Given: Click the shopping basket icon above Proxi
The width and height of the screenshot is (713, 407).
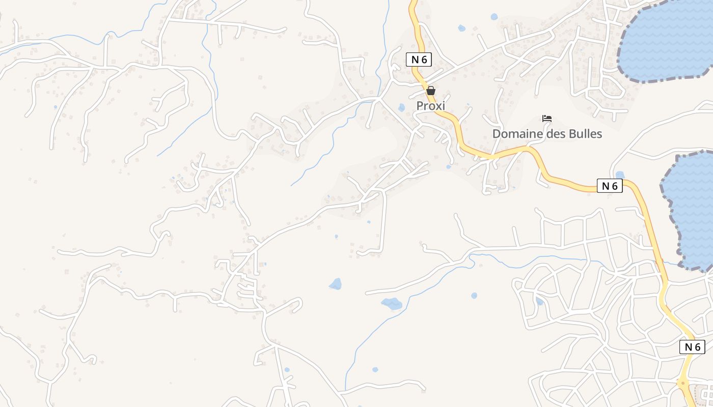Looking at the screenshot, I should [x=431, y=91].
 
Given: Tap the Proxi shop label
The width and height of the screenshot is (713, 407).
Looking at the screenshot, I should [x=431, y=106].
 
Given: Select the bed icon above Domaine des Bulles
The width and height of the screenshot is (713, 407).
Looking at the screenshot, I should [x=547, y=119].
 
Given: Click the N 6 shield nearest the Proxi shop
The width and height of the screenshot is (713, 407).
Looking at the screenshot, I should [x=419, y=59].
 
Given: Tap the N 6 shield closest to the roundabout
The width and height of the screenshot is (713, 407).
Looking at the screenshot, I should [x=692, y=347].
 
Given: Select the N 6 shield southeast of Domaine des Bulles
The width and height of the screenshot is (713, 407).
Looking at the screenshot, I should [x=610, y=186].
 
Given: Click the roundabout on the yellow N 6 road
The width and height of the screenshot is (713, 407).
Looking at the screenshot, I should [x=683, y=383].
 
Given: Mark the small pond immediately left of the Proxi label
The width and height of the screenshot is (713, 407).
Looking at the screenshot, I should [x=401, y=107].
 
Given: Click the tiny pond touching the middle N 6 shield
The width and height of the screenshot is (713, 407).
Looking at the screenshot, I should [x=620, y=175].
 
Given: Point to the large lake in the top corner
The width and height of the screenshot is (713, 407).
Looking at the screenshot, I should [x=667, y=38].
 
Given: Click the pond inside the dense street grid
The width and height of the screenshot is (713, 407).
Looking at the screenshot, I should [x=539, y=301].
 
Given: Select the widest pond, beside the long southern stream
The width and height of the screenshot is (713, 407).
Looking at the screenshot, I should [x=392, y=304].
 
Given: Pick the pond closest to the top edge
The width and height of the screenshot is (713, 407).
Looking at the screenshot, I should [x=493, y=17].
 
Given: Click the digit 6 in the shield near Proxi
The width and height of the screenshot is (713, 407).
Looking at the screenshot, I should [x=423, y=59].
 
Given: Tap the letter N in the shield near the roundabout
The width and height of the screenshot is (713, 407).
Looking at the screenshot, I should [x=688, y=347].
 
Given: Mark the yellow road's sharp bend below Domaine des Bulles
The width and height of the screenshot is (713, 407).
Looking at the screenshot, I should [x=532, y=150].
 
